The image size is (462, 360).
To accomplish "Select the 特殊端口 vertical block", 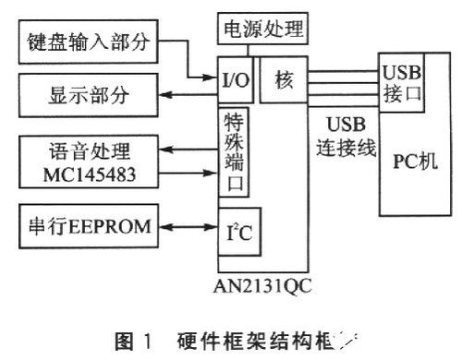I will (x=233, y=151).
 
